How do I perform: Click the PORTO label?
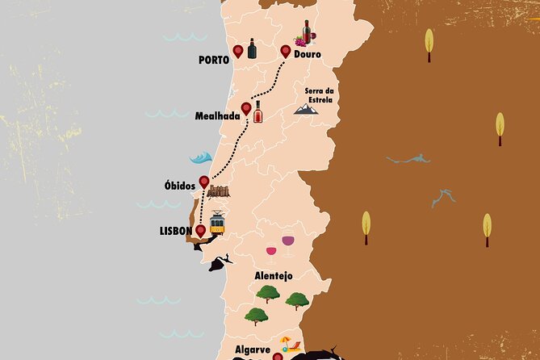pyautogui.click(x=213, y=60)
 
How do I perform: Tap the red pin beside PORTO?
pyautogui.click(x=238, y=52)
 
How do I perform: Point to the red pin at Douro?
pyautogui.click(x=285, y=51)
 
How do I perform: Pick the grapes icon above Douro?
pyautogui.click(x=301, y=40)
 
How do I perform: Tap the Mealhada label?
pyautogui.click(x=217, y=116)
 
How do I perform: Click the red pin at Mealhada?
pyautogui.click(x=246, y=108)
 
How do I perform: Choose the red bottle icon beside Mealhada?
pyautogui.click(x=258, y=112)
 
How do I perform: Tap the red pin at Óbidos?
pyautogui.click(x=204, y=182)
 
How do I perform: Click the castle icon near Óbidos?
pyautogui.click(x=218, y=191)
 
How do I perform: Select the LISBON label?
pyautogui.click(x=176, y=231)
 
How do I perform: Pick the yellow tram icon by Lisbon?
pyautogui.click(x=217, y=224)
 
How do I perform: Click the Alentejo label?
pyautogui.click(x=274, y=275)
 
